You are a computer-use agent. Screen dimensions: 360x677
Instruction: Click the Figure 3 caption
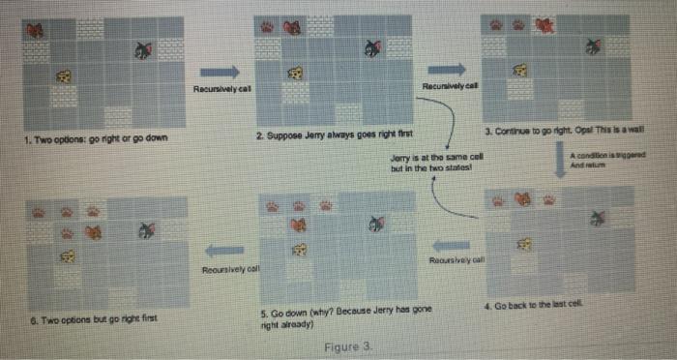341,345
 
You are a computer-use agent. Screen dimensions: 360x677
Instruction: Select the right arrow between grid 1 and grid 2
221,72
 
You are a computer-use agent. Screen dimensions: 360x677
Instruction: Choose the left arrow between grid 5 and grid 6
222,250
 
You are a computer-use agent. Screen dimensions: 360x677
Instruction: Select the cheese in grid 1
65,75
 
